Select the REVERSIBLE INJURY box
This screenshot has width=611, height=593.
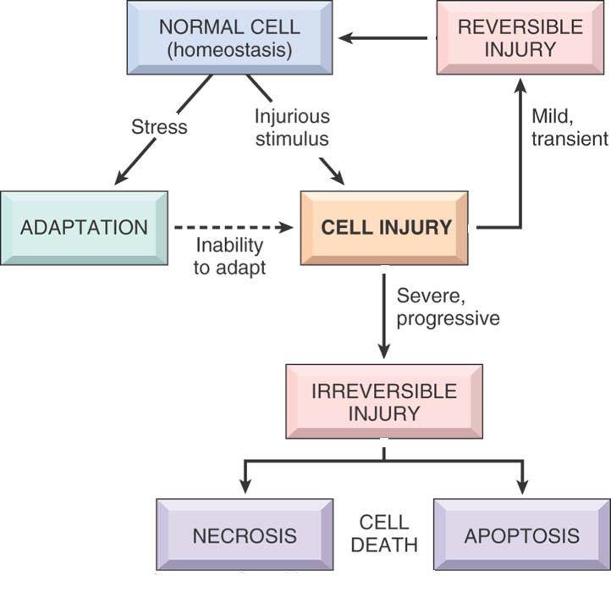(x=520, y=36)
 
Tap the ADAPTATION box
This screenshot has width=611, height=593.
(x=84, y=227)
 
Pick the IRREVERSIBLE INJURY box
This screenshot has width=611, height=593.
(x=383, y=402)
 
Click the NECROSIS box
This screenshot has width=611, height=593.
(x=244, y=535)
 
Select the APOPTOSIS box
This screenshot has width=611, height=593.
(x=521, y=535)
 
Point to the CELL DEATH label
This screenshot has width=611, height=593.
(x=383, y=533)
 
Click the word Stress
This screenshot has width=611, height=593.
(x=159, y=127)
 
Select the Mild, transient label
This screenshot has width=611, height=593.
(x=570, y=125)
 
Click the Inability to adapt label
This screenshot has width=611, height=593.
(x=230, y=257)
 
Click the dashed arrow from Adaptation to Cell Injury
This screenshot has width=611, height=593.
(x=233, y=227)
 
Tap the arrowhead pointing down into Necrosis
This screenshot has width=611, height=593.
(x=245, y=487)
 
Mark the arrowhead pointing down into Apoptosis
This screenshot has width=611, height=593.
(x=522, y=487)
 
